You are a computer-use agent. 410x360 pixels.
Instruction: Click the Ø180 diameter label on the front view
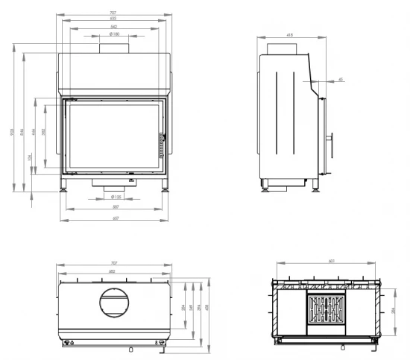click(x=114, y=34)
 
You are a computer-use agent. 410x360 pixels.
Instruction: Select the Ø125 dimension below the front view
click(x=114, y=198)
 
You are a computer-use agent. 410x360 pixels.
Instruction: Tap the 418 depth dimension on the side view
click(x=289, y=34)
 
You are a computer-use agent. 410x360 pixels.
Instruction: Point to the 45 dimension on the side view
click(x=341, y=78)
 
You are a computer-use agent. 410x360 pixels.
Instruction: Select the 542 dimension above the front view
click(x=114, y=26)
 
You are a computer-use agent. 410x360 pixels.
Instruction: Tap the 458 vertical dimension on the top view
click(x=207, y=309)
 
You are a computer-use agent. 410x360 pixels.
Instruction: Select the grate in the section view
click(x=327, y=309)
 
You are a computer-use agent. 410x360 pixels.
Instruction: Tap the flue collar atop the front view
click(x=114, y=48)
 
